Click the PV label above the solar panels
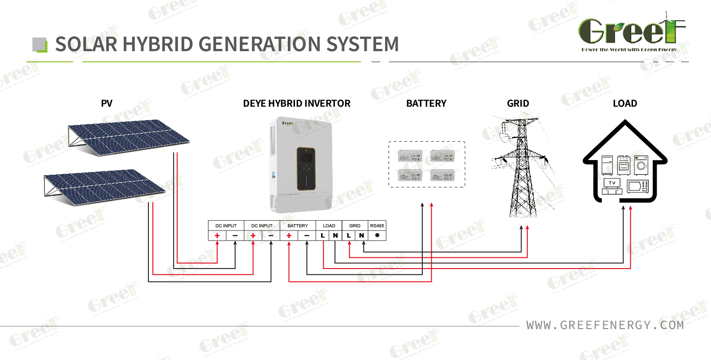pos(107,104)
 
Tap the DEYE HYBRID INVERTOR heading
pos(296,104)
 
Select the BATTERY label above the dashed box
pos(426,104)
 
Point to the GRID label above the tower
pos(518,104)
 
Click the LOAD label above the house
pos(624,104)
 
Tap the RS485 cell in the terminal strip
pos(377,226)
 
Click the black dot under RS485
pos(377,235)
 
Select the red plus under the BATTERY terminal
pos(289,235)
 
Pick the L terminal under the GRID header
pos(349,235)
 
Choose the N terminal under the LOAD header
pos(335,235)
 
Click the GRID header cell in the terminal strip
pos(355,226)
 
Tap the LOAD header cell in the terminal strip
pos(329,226)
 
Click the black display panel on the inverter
pos(306,168)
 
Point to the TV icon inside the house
pos(612,185)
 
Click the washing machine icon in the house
pos(642,165)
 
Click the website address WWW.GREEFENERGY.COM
pos(605,325)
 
